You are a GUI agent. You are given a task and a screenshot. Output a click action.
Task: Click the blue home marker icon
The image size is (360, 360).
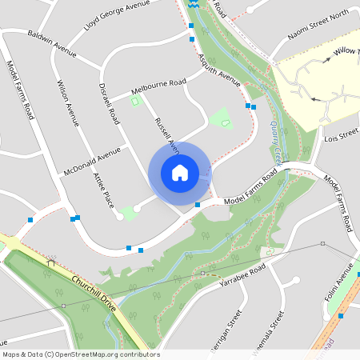coord(180,172)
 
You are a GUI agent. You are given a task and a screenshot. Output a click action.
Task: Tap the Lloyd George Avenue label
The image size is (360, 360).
coord(117,16)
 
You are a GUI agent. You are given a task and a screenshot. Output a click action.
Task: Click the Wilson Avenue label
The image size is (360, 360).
coord(67,104)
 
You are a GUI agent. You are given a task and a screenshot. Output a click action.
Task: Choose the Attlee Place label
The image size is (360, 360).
coord(103,190)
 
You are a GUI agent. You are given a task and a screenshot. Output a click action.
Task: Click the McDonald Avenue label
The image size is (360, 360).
coord(92,162)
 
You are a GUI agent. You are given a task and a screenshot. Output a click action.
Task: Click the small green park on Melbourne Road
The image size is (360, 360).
coord(135,101)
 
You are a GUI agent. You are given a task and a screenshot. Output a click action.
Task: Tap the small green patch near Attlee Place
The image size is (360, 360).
coord(128,214)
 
